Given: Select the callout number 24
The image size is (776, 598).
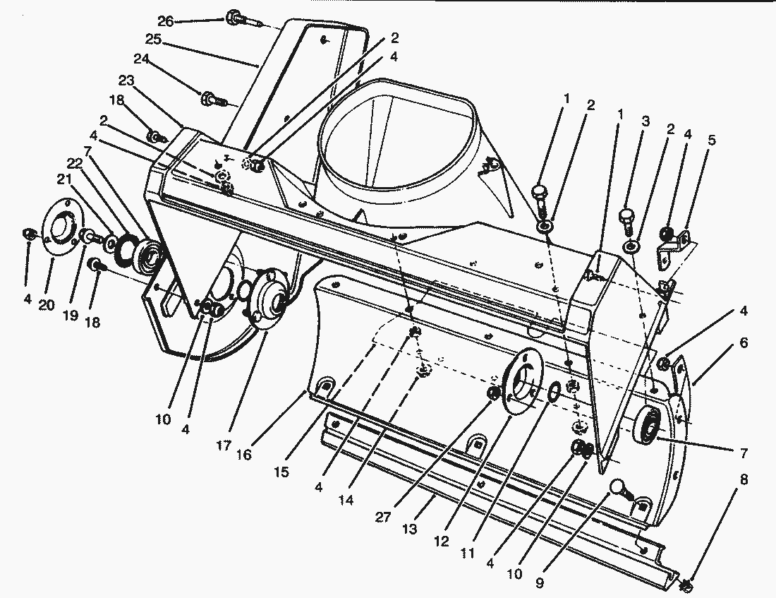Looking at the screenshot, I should tap(141, 60).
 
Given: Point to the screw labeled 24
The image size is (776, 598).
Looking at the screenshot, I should tap(210, 100).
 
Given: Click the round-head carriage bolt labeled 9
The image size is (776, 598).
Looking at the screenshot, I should tap(619, 489).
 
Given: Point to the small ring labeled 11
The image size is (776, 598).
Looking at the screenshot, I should tap(554, 390).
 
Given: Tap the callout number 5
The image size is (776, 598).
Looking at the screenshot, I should tap(711, 140).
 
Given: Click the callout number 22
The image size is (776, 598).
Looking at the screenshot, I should tap(75, 164).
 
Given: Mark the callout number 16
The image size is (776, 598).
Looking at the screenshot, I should tap(243, 455).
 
